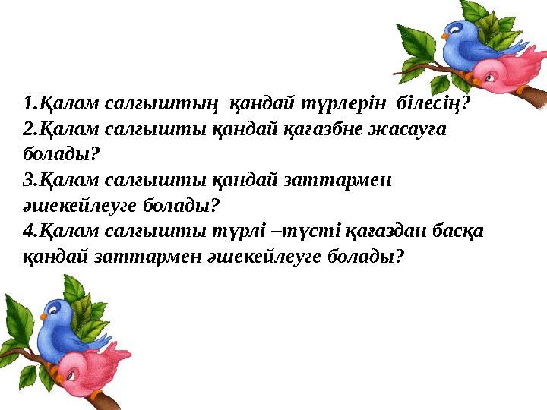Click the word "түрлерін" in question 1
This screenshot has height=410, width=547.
click(x=351, y=102)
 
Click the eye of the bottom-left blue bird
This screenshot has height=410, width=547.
click(x=54, y=309)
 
